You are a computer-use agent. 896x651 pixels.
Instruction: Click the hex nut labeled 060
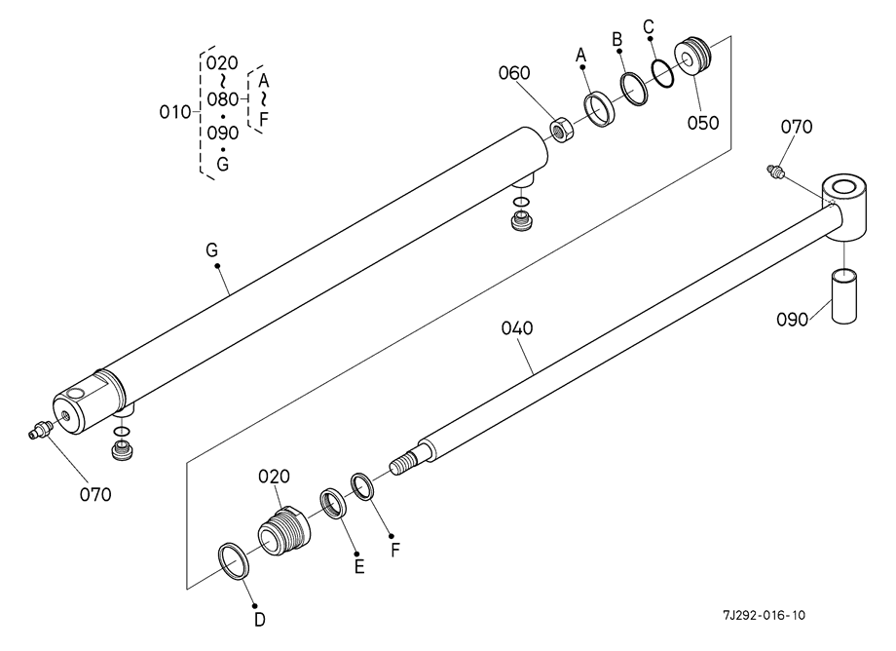[x=562, y=131]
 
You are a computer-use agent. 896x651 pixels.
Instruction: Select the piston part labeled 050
[x=692, y=56]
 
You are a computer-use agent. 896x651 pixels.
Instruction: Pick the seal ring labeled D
[x=234, y=560]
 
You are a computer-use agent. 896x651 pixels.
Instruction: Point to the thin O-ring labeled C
[x=662, y=73]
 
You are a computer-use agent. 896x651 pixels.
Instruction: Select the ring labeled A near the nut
[x=599, y=110]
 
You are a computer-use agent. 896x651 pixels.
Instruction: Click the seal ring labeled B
[x=634, y=88]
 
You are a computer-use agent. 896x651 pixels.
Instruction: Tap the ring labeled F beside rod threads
[x=362, y=486]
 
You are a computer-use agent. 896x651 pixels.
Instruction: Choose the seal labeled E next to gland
[x=334, y=504]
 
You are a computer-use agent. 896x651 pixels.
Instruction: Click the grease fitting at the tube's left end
[x=38, y=430]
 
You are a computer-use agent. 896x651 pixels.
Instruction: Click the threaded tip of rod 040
[x=403, y=461]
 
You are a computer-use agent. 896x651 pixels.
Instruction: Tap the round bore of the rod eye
[x=845, y=187]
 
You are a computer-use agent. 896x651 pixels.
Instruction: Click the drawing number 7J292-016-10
[x=764, y=615]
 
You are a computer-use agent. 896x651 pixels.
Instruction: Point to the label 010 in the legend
[x=175, y=112]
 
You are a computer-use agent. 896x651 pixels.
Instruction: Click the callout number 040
[x=517, y=328]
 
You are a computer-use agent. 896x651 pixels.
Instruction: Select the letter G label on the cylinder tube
[x=212, y=249]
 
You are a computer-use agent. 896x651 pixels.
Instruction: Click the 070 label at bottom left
[x=95, y=494]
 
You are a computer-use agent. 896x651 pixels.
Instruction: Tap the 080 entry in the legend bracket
[x=222, y=99]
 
